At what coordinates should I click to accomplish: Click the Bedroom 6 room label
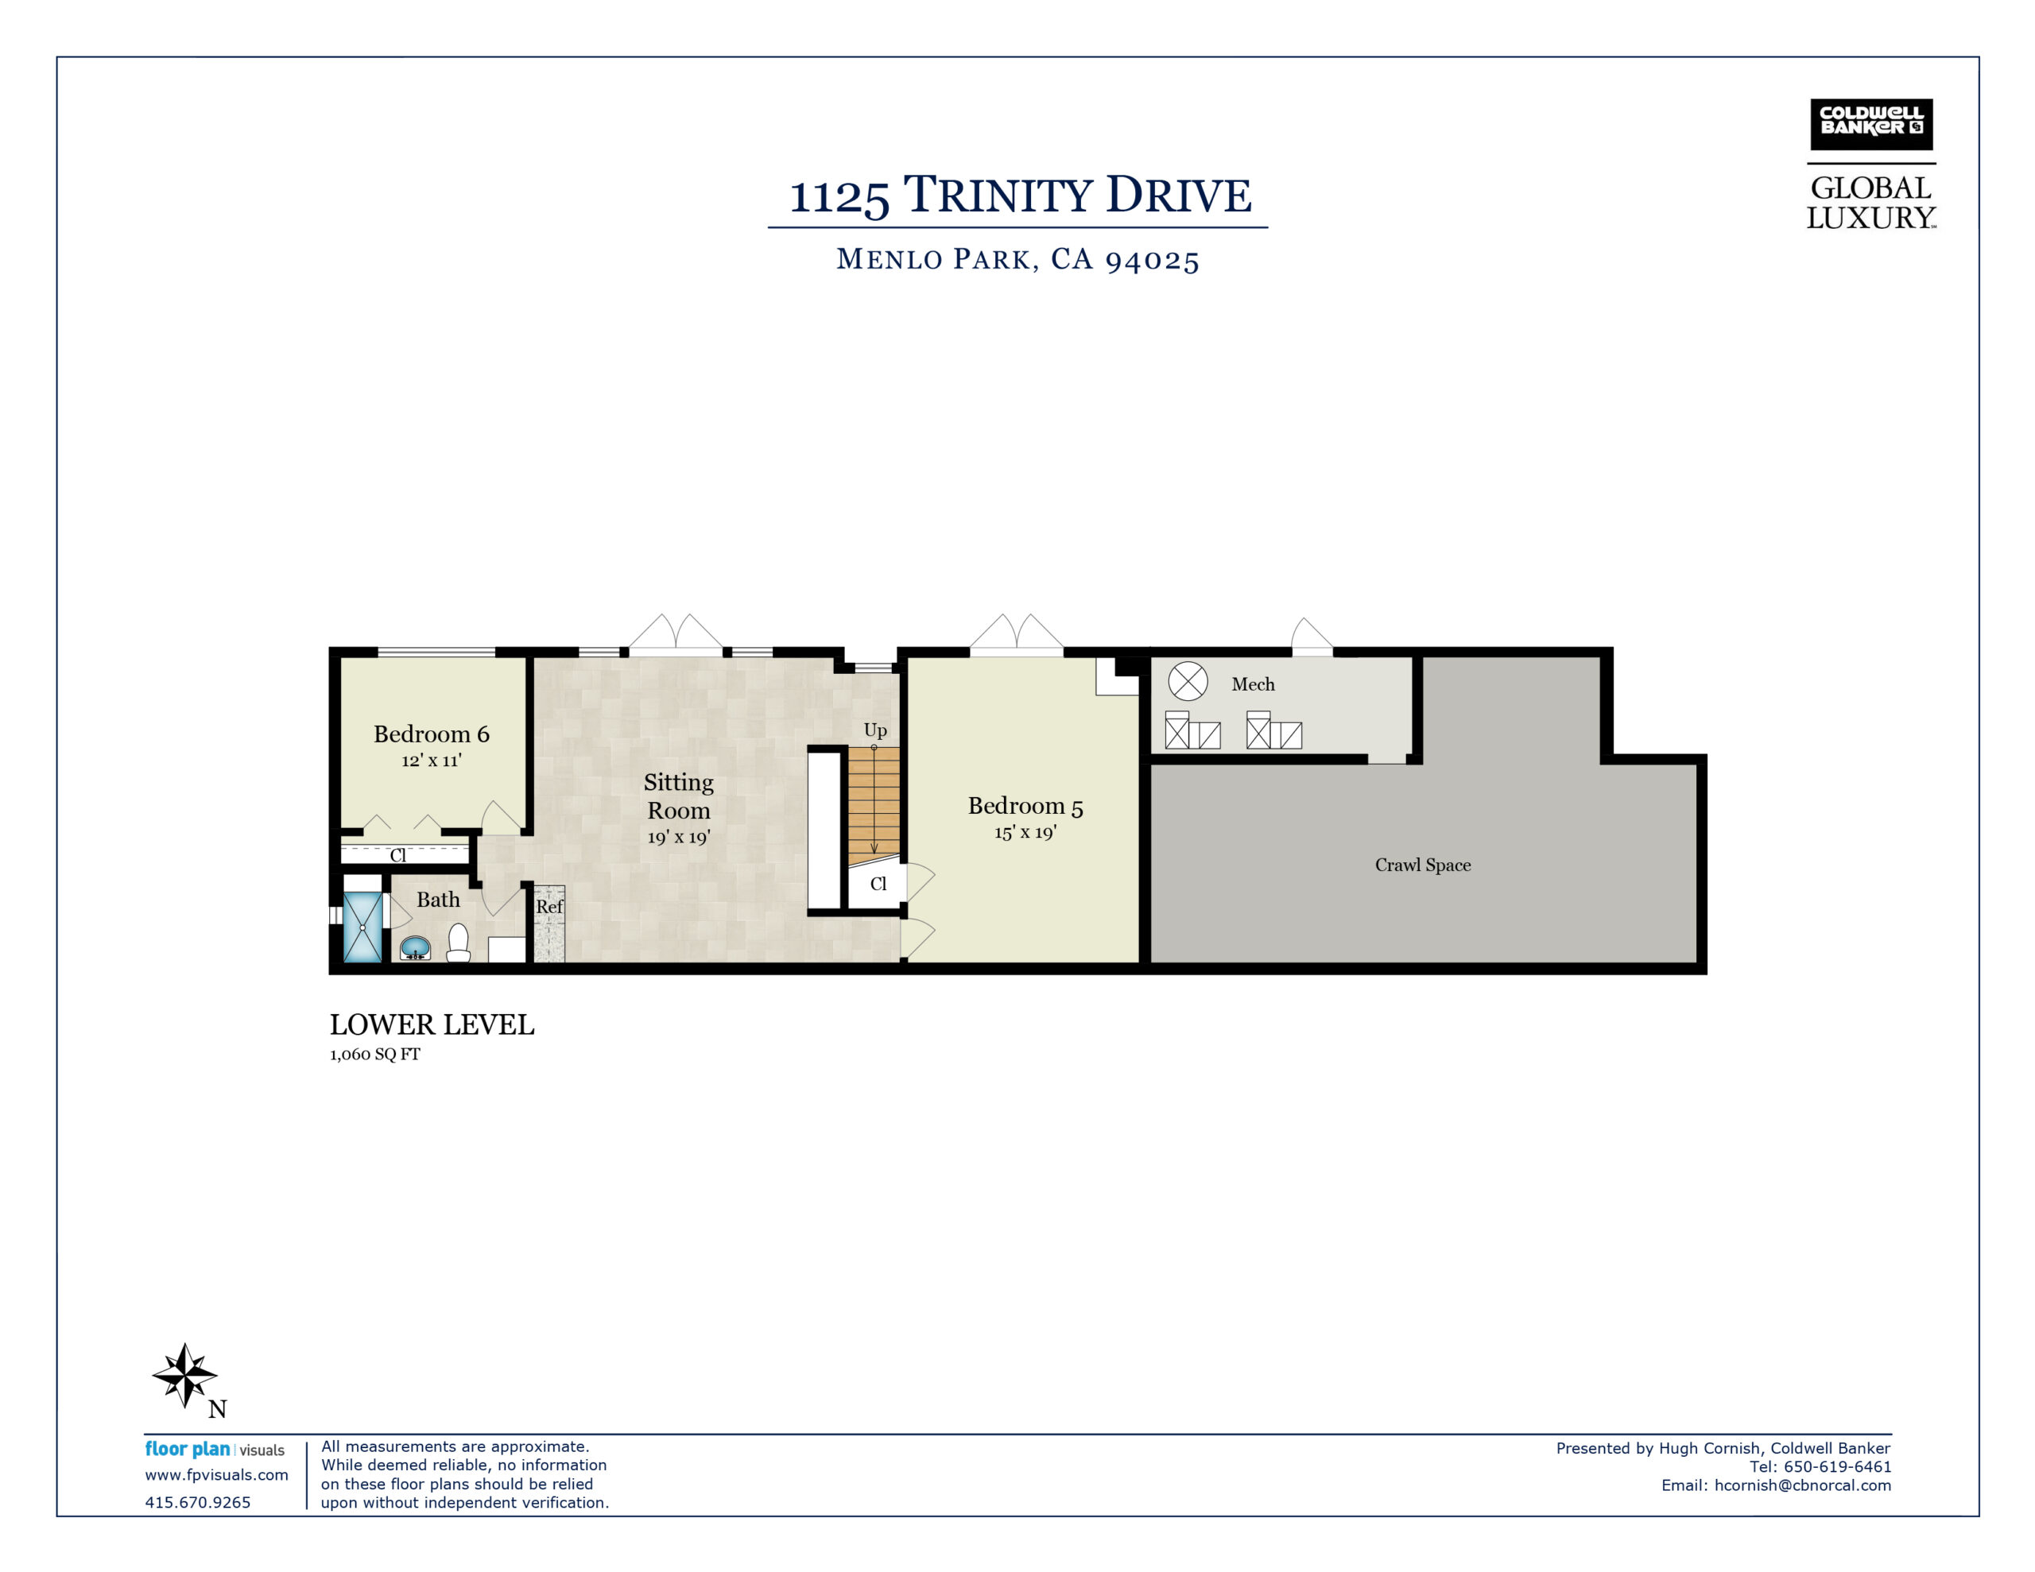coord(432,734)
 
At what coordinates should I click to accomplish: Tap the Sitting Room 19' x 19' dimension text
coord(678,837)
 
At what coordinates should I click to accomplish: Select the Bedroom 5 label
coord(1025,806)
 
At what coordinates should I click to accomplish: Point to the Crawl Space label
coord(1423,865)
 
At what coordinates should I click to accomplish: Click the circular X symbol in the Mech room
coord(1188,681)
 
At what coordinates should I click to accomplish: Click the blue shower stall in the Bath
coord(362,927)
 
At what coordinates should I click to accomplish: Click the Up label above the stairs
coord(875,731)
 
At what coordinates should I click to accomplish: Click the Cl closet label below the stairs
coord(878,884)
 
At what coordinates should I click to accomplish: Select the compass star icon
coord(185,1374)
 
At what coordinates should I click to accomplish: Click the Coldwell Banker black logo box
coord(1871,125)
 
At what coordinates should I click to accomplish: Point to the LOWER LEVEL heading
coord(432,1025)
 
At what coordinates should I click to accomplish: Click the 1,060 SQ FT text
coord(374,1055)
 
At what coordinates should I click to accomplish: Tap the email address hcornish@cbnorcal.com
coord(1802,1486)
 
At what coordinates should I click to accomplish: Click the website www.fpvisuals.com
coord(216,1475)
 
